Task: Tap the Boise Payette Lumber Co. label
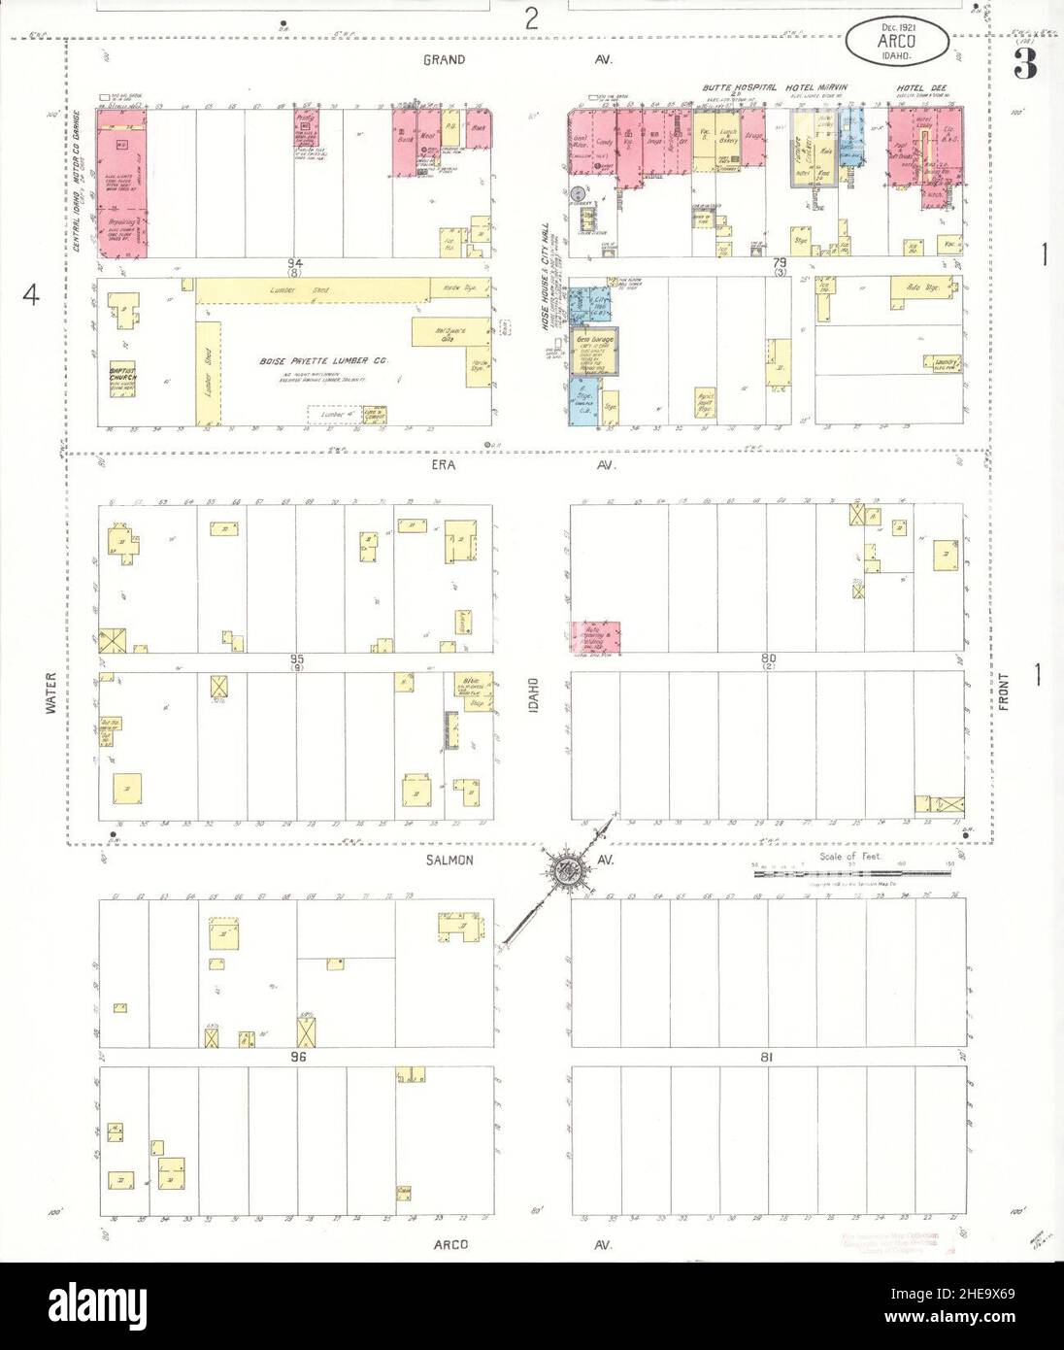(x=323, y=361)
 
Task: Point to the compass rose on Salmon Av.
(x=563, y=866)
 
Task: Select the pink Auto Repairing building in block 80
(x=595, y=637)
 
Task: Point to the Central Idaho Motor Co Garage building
(x=121, y=185)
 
